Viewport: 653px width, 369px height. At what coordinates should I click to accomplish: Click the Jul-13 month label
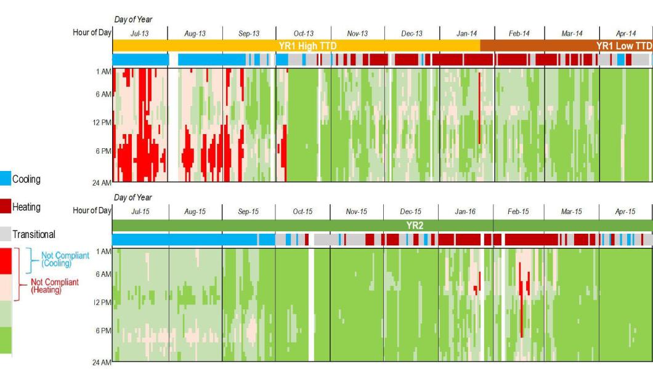pyautogui.click(x=139, y=34)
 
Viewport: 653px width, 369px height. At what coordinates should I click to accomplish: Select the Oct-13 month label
pyautogui.click(x=303, y=34)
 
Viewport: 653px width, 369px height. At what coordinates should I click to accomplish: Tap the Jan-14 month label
pyautogui.click(x=466, y=34)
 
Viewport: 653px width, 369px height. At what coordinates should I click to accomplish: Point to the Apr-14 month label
pyautogui.click(x=626, y=34)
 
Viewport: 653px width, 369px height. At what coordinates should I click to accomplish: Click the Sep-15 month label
pyautogui.click(x=248, y=212)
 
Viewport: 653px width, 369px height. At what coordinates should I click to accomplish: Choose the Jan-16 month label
pyautogui.click(x=465, y=212)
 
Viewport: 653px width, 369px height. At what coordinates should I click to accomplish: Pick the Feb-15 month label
pyautogui.click(x=518, y=212)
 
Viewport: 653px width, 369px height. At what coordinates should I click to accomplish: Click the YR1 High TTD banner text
pyautogui.click(x=308, y=46)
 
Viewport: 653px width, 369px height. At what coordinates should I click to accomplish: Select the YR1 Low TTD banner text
pyautogui.click(x=624, y=46)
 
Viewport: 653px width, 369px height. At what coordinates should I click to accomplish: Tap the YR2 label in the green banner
pyautogui.click(x=415, y=226)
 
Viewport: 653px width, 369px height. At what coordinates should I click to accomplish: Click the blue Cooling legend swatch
pyautogui.click(x=6, y=179)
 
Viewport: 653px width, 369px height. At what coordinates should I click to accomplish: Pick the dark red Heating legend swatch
pyautogui.click(x=6, y=207)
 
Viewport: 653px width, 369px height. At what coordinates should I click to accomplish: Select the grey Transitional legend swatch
pyautogui.click(x=6, y=234)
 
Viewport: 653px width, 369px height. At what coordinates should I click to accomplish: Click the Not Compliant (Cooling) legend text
pyautogui.click(x=65, y=260)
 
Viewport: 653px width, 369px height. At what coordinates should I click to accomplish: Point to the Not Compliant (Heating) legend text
pyautogui.click(x=55, y=286)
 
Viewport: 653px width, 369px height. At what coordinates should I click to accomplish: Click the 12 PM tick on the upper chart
pyautogui.click(x=102, y=122)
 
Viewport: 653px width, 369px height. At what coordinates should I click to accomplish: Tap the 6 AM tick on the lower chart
pyautogui.click(x=103, y=274)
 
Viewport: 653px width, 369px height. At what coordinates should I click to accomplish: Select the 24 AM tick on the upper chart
pyautogui.click(x=102, y=183)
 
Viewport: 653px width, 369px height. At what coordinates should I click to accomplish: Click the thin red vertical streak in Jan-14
pyautogui.click(x=479, y=108)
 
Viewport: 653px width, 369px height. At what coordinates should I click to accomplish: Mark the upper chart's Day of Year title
pyautogui.click(x=133, y=20)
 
